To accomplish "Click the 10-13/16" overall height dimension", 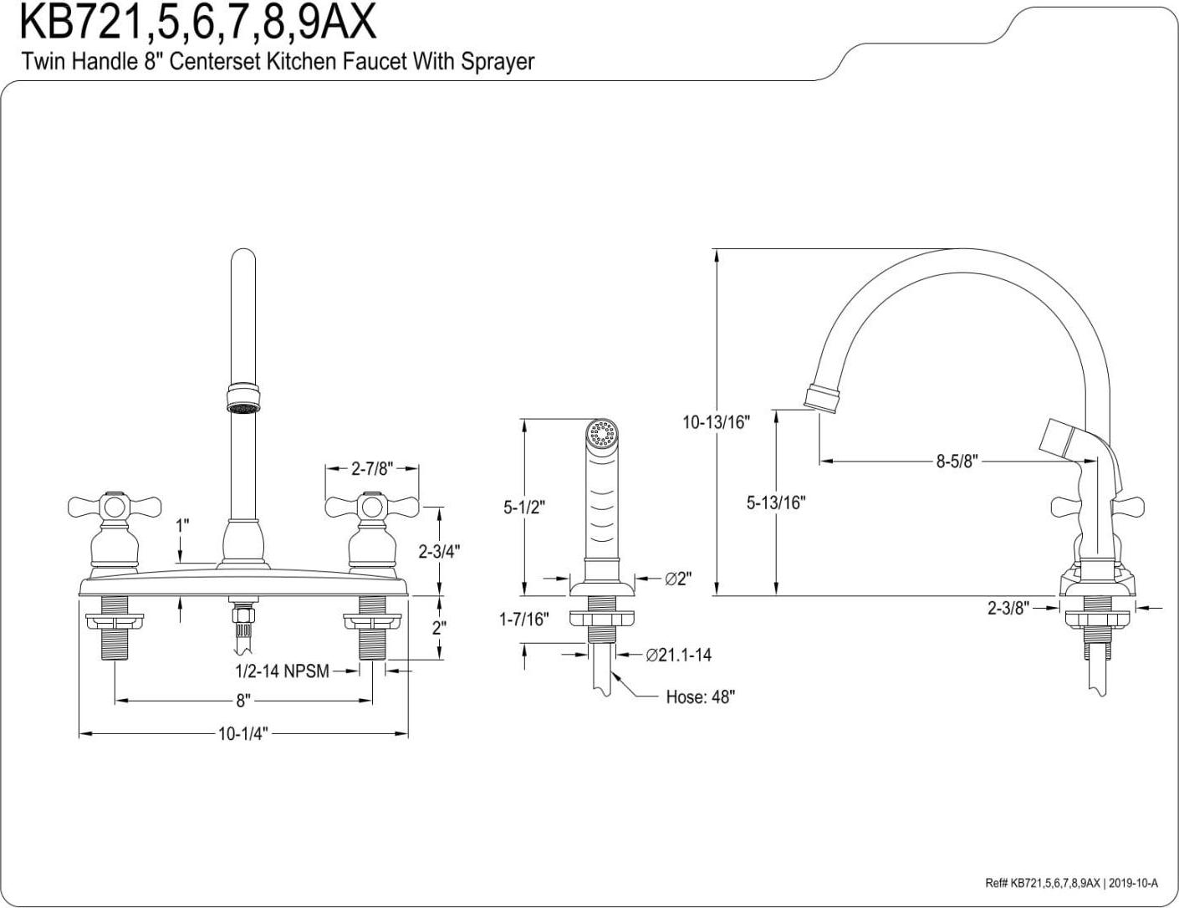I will (716, 422).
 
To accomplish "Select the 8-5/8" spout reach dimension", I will (957, 461).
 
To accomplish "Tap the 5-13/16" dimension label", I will (775, 502).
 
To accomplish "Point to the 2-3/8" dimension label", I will (1008, 608).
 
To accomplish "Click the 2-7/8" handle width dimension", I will (371, 468).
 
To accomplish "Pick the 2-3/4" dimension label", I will (439, 550).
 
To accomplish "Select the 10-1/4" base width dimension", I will (242, 734).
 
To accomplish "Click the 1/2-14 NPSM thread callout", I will (281, 671).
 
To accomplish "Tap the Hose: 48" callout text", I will (700, 696).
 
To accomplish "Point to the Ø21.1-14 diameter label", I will (678, 655).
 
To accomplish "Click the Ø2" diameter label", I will (678, 579).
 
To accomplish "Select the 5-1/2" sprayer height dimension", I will (523, 506).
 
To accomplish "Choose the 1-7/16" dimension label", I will (523, 619).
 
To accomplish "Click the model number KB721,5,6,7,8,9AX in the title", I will (197, 23).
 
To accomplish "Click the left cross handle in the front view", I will (101, 506).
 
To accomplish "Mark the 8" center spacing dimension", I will (242, 701).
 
